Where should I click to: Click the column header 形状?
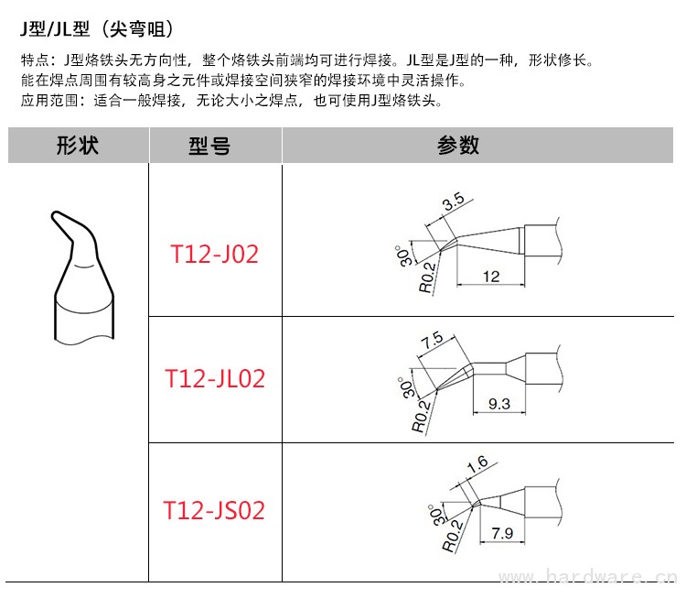tap(78, 146)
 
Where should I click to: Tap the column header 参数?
tap(458, 146)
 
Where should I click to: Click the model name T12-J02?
tap(214, 254)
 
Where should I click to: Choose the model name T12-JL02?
tap(214, 378)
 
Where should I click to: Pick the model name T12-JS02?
tap(214, 510)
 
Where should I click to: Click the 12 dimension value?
tap(491, 276)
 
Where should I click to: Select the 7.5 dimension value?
tap(432, 340)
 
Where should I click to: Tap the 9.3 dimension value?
tap(500, 402)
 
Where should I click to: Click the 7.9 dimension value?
tap(501, 532)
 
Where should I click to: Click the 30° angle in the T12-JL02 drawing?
tap(403, 386)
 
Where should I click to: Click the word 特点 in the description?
tap(33, 61)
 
